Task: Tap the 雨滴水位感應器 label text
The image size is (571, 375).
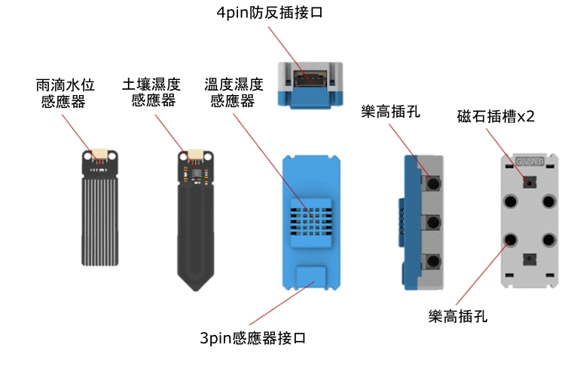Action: pyautogui.click(x=61, y=92)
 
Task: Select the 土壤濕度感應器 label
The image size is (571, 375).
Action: pyautogui.click(x=151, y=91)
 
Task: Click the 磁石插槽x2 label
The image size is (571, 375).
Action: pyautogui.click(x=496, y=117)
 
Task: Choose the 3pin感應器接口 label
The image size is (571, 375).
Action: pyautogui.click(x=253, y=338)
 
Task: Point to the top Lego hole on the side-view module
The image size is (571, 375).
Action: pyautogui.click(x=432, y=183)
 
